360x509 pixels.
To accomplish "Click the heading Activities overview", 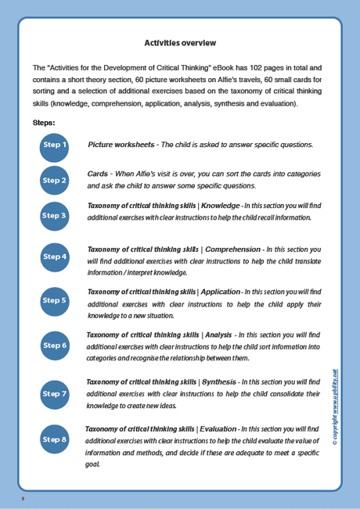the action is point(180,42).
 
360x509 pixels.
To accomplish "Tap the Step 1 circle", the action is point(55,145).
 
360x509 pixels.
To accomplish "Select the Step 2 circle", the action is point(55,180).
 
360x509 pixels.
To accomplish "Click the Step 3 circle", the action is point(55,215).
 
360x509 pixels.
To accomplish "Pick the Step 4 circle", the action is point(55,256).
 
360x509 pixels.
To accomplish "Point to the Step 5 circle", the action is point(55,300).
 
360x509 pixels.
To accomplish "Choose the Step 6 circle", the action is point(55,345).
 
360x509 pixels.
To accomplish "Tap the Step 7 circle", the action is point(55,393).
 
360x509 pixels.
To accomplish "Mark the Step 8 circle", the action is point(55,439).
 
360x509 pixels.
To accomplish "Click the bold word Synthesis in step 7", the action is point(221,382).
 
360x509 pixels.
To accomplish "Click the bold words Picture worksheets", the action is point(121,145).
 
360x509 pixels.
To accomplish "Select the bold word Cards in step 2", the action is point(98,173).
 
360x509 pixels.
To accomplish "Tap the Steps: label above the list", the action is point(44,123).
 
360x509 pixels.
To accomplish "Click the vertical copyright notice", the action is point(334,407).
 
